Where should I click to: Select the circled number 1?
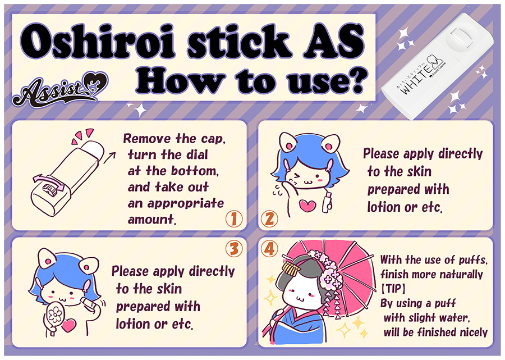click(233, 219)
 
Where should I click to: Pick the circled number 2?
click(269, 219)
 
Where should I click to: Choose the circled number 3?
click(234, 248)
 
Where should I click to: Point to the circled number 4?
click(269, 248)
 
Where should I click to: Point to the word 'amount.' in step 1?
click(151, 220)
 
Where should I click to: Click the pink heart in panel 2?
click(307, 206)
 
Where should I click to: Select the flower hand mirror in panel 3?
click(55, 317)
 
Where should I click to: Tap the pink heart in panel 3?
click(68, 326)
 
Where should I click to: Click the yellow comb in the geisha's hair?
click(291, 268)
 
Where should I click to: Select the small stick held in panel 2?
click(327, 202)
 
